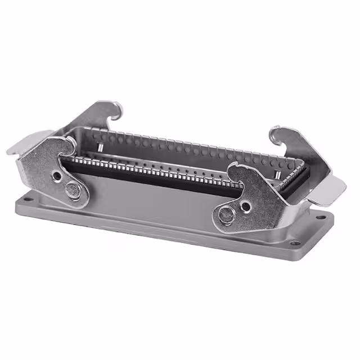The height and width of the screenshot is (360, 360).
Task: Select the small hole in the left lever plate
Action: (57, 175)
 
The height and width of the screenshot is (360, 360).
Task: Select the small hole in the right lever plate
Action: (246, 206)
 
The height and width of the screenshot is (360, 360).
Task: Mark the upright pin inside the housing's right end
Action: (277, 177)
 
